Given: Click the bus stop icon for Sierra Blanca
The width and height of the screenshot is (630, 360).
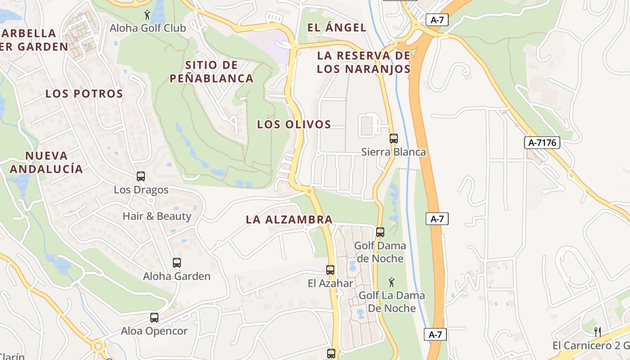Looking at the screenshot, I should click(394, 138).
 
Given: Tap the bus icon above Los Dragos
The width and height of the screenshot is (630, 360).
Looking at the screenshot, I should click(141, 176).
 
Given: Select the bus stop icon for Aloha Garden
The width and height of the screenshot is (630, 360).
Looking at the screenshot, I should click(177, 262).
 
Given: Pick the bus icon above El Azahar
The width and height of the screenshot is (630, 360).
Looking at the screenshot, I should click(330, 270).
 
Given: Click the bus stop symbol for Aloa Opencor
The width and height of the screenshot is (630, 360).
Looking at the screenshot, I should click(154, 317).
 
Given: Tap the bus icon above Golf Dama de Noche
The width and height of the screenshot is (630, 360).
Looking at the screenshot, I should click(380, 232).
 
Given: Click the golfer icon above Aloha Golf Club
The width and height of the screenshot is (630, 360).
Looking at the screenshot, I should click(147, 15).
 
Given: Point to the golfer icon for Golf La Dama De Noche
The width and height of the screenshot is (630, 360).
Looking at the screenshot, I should click(391, 282).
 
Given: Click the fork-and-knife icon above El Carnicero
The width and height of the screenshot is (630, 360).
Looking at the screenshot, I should click(598, 332).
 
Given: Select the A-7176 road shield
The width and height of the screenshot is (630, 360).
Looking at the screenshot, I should click(542, 143).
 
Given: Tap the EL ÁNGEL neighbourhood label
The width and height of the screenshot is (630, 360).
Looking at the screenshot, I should click(337, 27).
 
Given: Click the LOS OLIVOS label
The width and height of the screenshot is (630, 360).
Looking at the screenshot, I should click(294, 125).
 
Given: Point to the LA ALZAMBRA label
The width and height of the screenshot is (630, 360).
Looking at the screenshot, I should click(289, 220).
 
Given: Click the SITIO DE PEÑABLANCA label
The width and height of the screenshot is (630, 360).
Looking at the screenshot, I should click(211, 72).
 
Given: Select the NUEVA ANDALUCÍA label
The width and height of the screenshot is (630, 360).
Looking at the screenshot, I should click(46, 162).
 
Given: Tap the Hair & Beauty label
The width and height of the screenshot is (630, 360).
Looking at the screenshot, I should click(157, 216).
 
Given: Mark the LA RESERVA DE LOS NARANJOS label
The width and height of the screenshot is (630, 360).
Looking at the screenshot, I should click(364, 62).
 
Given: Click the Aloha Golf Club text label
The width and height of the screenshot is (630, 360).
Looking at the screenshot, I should click(148, 28).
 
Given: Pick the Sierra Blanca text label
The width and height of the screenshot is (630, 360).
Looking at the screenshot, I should click(393, 152).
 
